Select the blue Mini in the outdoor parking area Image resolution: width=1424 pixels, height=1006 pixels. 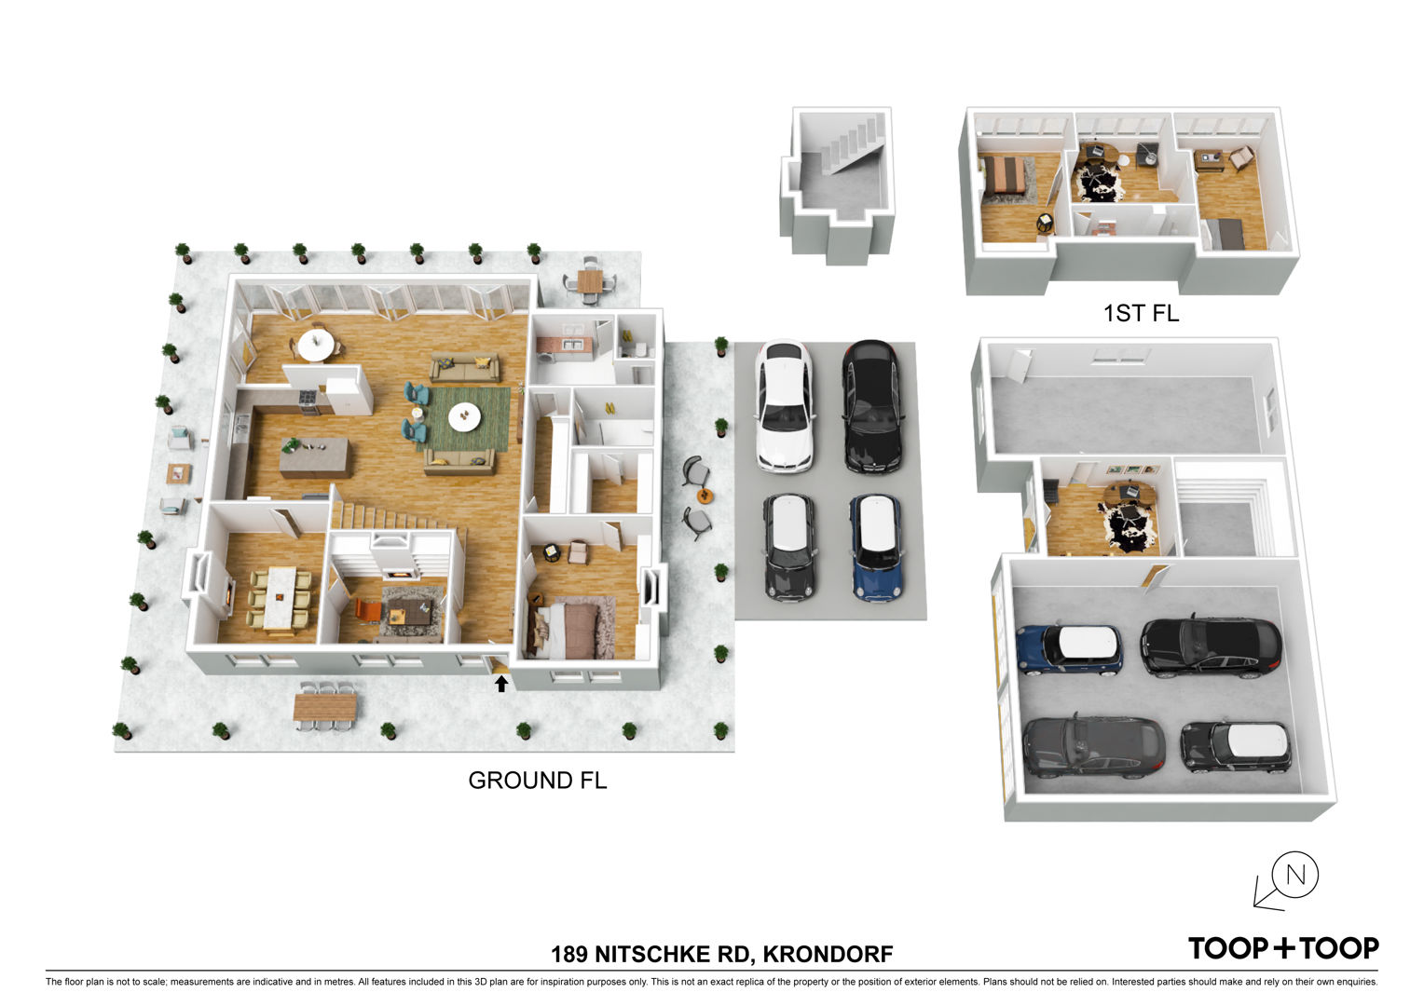coord(876,548)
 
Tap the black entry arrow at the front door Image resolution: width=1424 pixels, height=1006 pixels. coord(501,683)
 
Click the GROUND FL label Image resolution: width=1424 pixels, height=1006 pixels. coord(537,781)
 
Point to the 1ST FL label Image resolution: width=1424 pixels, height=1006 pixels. coord(1141,313)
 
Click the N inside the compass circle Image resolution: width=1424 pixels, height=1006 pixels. coord(1295,875)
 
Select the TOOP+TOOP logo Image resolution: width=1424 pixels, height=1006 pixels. coord(1283,948)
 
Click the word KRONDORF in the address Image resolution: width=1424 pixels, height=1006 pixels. coord(828,954)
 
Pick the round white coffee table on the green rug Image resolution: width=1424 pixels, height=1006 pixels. coord(465,417)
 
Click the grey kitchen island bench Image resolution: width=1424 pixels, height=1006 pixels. coord(315,457)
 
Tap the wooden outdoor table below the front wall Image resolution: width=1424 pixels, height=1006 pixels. coord(325,707)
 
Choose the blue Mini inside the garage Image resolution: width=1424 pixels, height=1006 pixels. coord(1069,649)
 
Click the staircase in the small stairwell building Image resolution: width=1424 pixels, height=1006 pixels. coord(853,149)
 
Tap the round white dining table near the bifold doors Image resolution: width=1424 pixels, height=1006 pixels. coord(316,345)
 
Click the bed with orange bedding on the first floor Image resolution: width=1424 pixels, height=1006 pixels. coord(1006,175)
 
